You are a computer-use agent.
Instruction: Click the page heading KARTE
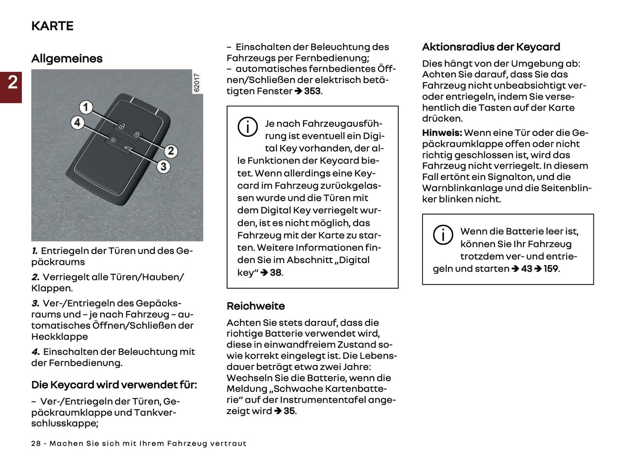(52, 26)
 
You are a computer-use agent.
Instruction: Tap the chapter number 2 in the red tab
(13, 82)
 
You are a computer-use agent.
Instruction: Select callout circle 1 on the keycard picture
(86, 107)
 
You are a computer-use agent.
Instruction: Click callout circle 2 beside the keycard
(171, 151)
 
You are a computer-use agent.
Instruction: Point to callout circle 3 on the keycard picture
(163, 166)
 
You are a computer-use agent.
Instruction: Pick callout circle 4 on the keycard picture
(77, 122)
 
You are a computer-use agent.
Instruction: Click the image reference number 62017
(197, 82)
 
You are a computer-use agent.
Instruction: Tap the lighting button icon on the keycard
(113, 140)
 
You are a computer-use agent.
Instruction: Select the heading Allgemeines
(67, 58)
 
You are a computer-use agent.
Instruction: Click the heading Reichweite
(256, 306)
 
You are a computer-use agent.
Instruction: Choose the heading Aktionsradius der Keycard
(491, 47)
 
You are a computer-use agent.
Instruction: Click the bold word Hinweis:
(442, 133)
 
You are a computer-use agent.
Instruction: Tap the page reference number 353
(312, 91)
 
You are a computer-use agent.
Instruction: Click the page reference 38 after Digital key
(276, 273)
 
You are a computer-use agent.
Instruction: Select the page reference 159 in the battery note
(550, 269)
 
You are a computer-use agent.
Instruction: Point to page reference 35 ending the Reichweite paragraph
(289, 411)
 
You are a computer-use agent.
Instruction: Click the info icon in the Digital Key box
(247, 127)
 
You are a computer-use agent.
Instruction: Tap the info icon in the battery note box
(443, 235)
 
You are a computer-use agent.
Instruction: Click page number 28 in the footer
(36, 444)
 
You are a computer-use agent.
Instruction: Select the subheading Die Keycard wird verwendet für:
(114, 385)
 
